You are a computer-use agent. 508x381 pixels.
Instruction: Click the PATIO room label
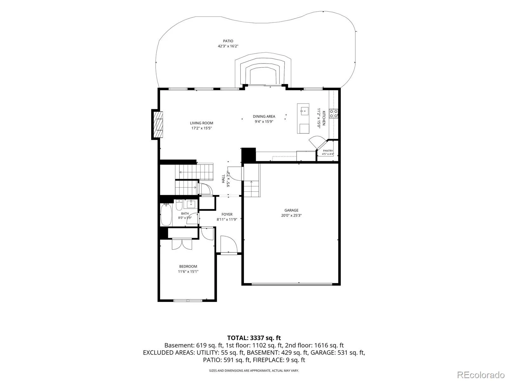tap(228, 41)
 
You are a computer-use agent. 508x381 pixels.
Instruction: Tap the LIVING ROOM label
tap(202, 123)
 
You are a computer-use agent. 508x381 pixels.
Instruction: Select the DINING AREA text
tap(264, 116)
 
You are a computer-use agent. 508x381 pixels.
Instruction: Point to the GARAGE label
tap(291, 210)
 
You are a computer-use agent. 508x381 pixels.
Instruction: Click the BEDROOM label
tap(188, 266)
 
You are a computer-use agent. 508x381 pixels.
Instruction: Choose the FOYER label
tap(227, 214)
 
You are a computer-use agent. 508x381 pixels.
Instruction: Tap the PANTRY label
tap(328, 151)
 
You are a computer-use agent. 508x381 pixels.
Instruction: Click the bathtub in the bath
tap(166, 214)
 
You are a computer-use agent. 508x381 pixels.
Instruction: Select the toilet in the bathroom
tap(179, 204)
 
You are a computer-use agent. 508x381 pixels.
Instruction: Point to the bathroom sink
tap(191, 204)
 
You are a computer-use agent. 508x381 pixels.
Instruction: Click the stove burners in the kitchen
tap(333, 114)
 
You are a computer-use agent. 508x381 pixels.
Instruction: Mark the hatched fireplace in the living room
tap(159, 124)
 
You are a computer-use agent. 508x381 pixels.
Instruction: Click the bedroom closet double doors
tap(182, 244)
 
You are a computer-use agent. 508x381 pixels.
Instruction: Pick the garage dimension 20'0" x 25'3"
tap(291, 215)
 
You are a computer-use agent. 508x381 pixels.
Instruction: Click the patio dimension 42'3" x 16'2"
tap(228, 46)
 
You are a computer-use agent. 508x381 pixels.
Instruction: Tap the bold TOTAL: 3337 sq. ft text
tap(254, 338)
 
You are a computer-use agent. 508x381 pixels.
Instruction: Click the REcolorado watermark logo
tap(481, 375)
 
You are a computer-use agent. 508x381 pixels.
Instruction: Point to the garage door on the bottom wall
tap(292, 284)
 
